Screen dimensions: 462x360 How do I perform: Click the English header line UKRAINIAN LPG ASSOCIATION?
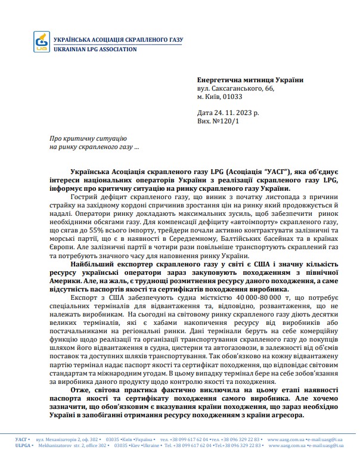pyautogui.click(x=95, y=49)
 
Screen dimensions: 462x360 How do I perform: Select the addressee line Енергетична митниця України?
pyautogui.click(x=250, y=79)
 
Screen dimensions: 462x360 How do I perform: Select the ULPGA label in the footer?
pyautogui.click(x=23, y=445)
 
